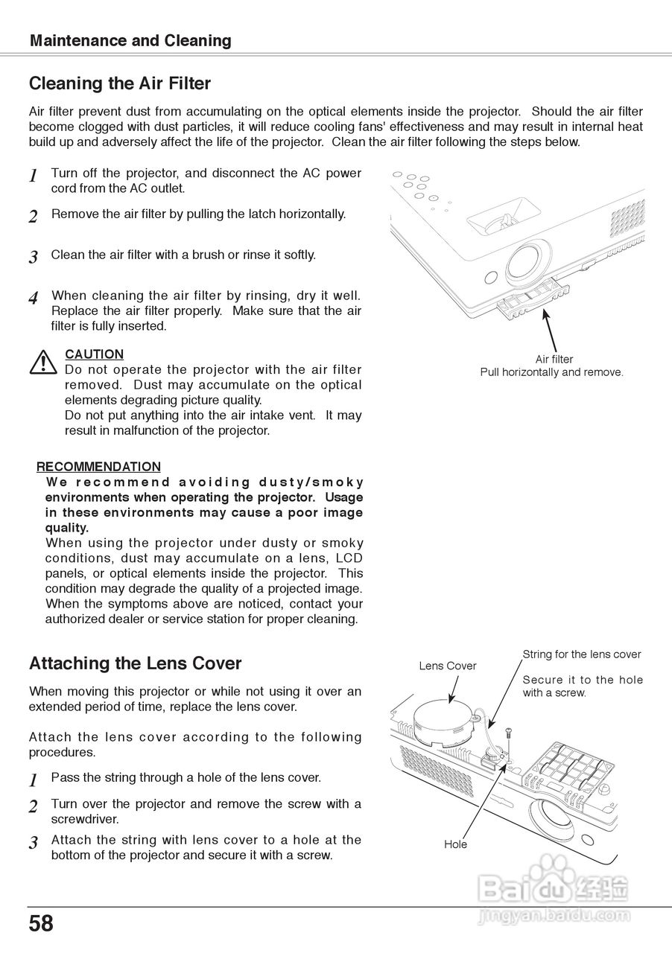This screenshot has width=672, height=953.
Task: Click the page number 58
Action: pyautogui.click(x=42, y=924)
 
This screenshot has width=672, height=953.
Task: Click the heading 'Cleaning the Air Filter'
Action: pyautogui.click(x=120, y=83)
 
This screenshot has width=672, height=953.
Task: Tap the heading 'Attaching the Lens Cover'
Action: pyautogui.click(x=135, y=663)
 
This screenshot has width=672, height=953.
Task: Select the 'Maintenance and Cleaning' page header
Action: pyautogui.click(x=130, y=41)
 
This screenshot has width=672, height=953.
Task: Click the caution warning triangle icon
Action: pyautogui.click(x=44, y=362)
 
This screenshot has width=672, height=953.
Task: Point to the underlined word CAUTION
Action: pyautogui.click(x=95, y=354)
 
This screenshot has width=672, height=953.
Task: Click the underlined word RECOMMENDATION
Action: pyautogui.click(x=98, y=467)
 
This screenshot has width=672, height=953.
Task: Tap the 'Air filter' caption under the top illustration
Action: pyautogui.click(x=554, y=360)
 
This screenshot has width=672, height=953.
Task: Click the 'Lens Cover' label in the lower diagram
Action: pyautogui.click(x=447, y=666)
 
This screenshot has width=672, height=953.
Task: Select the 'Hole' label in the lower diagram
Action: pyautogui.click(x=455, y=844)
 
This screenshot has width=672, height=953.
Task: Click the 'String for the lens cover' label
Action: pyautogui.click(x=581, y=654)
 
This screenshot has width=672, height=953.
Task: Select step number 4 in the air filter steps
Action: pyautogui.click(x=33, y=299)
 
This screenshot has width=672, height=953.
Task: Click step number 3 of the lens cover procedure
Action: pyautogui.click(x=33, y=844)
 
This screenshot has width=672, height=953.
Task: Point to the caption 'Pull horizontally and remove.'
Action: pyautogui.click(x=551, y=372)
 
